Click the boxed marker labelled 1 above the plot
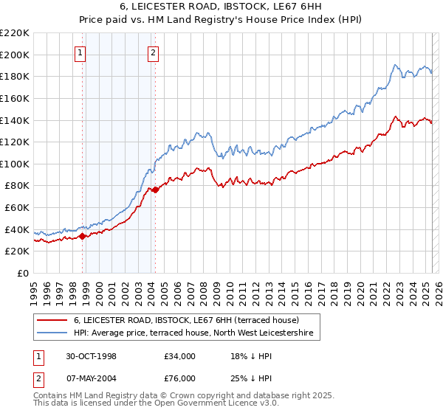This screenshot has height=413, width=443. (x=79, y=52)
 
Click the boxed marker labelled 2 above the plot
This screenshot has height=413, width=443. (x=152, y=52)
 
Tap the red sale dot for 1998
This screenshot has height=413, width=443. (x=83, y=236)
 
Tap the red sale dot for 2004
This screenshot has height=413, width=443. (x=155, y=190)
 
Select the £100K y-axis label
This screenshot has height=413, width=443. (x=15, y=164)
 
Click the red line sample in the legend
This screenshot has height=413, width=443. (x=52, y=321)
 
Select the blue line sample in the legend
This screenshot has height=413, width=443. (x=52, y=334)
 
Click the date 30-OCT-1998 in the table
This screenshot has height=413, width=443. (x=92, y=356)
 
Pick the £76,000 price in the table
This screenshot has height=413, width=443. (x=180, y=378)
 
